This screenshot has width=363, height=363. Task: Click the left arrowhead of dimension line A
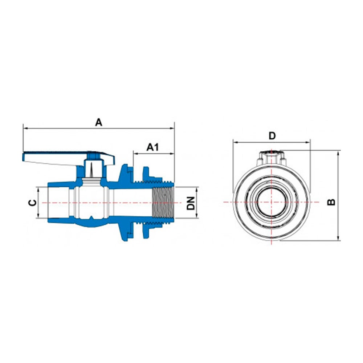25,128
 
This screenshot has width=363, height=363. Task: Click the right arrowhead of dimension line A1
172,154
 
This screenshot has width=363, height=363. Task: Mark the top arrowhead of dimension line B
338,153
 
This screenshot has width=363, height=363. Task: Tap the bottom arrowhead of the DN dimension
196,216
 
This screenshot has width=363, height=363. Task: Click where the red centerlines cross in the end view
272,202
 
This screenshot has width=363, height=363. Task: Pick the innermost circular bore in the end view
272,202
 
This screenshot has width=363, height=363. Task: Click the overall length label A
99,122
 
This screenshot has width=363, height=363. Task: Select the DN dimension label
191,203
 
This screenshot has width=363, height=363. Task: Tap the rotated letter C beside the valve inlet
32,203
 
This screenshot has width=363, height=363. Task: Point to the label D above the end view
272,136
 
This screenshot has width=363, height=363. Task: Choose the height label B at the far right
331,202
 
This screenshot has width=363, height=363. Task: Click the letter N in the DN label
191,200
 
